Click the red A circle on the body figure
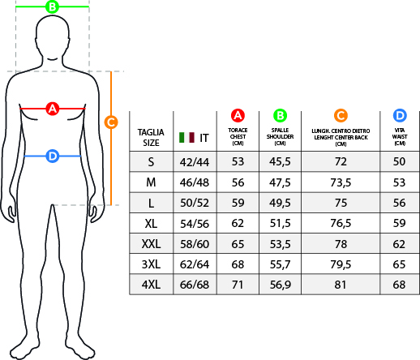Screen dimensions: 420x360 [53, 109]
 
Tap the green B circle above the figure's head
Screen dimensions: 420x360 [53, 6]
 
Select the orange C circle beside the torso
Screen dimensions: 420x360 [111, 122]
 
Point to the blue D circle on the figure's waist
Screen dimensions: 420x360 [53, 156]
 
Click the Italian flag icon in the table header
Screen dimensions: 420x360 [186, 138]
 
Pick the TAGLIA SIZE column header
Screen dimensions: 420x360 [151, 138]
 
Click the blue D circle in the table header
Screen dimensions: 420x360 [400, 116]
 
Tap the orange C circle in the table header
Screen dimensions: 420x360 [341, 116]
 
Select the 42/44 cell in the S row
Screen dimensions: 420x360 [195, 162]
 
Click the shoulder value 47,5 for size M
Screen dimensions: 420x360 [280, 182]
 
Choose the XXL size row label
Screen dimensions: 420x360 [151, 244]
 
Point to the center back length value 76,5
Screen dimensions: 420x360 [341, 223]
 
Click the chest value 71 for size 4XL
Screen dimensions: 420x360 [238, 285]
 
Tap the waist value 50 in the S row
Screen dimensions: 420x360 [400, 161]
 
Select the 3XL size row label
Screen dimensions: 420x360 [151, 264]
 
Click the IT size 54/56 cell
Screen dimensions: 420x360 [195, 224]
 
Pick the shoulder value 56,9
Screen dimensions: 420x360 [281, 285]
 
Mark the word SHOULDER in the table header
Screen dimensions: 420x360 [280, 137]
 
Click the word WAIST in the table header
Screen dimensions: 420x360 [400, 137]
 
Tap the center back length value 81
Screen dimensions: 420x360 [341, 285]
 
